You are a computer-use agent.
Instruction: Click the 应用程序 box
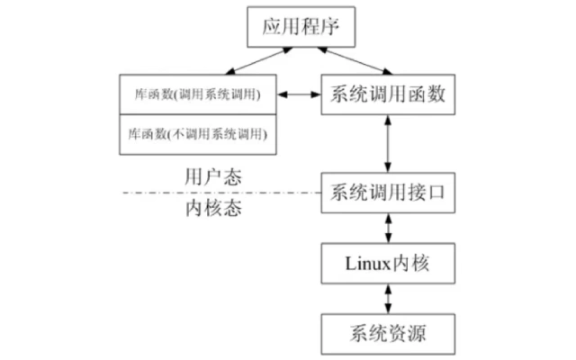tap(297, 28)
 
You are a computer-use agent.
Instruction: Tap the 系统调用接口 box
tap(388, 192)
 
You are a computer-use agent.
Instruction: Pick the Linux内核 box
tap(388, 264)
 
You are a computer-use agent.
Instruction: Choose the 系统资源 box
tap(388, 332)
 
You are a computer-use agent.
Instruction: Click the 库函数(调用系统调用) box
tap(199, 93)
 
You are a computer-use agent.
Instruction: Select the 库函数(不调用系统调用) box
tap(199, 132)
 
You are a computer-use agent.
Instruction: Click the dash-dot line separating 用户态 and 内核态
tap(225, 193)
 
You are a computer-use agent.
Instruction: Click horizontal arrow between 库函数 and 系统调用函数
tap(300, 93)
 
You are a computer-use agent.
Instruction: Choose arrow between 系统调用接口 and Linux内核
tap(388, 228)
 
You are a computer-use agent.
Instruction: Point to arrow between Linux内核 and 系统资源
tap(388, 298)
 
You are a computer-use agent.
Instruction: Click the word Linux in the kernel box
tap(365, 264)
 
